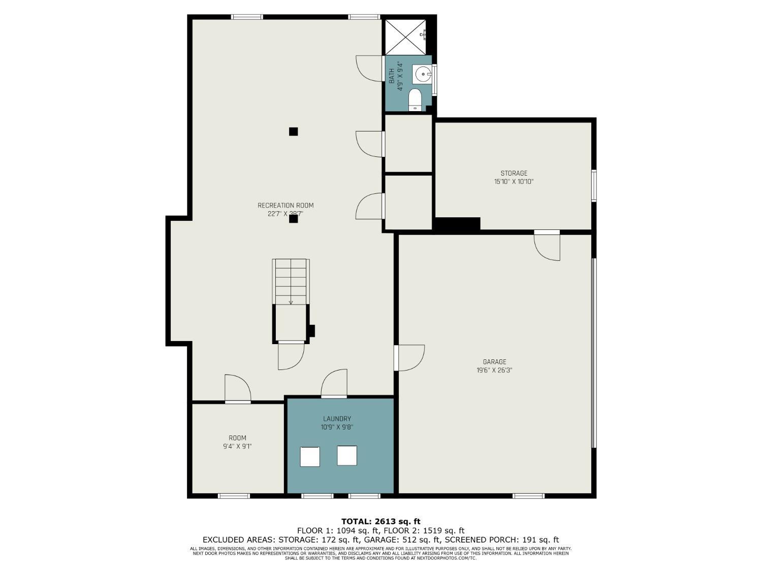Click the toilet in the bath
point(415,99)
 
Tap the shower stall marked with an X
point(405,37)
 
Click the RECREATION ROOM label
point(285,206)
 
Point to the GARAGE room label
point(494,362)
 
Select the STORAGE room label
point(514,173)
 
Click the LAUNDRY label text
point(337,419)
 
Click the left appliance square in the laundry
point(309,456)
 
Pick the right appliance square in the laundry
point(347,455)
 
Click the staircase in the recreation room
point(291,282)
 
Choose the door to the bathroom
point(370,68)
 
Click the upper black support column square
point(293,131)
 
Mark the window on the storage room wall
point(593,186)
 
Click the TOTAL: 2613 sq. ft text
point(380,521)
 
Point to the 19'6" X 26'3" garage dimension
point(494,371)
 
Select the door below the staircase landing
point(291,356)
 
